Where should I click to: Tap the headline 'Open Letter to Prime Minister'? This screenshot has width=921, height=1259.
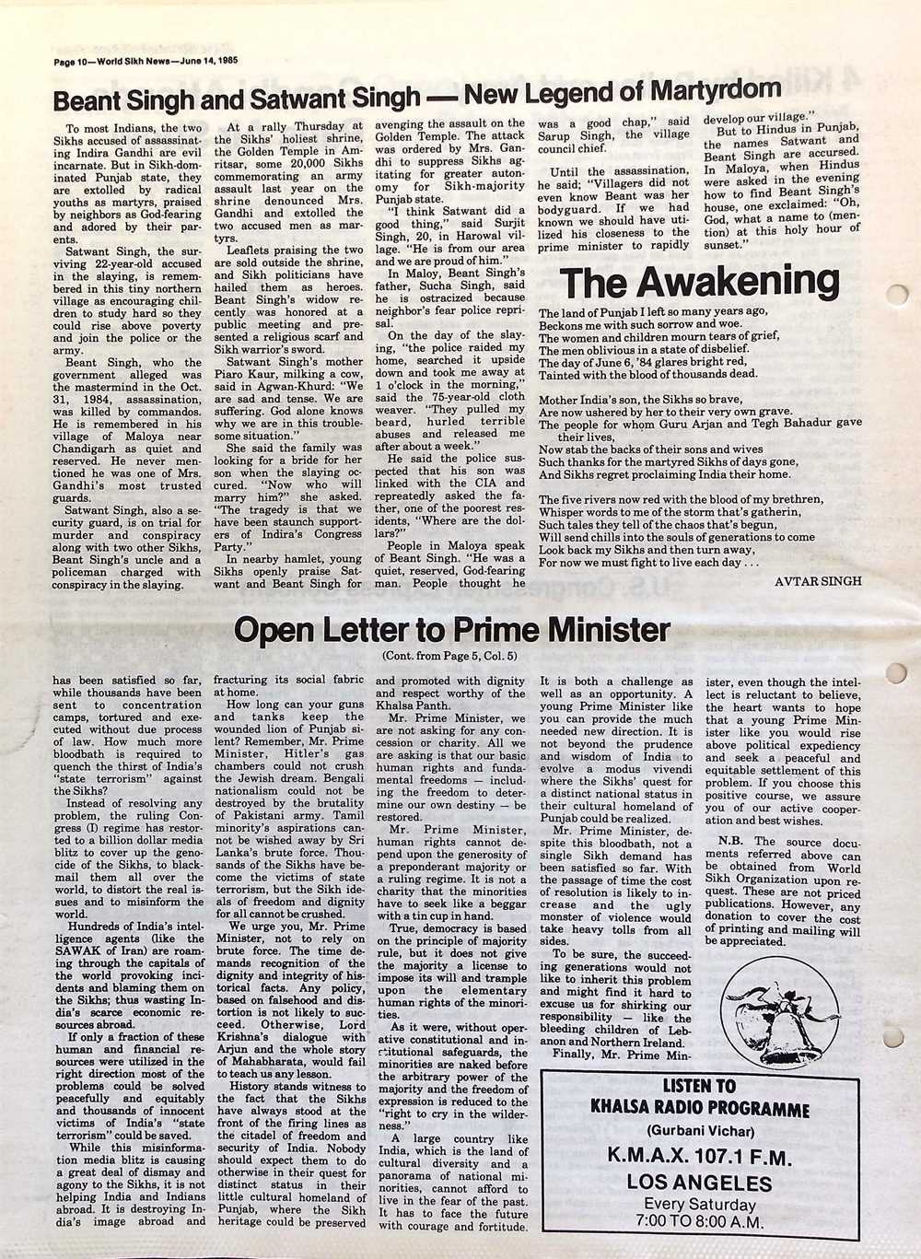coord(451,630)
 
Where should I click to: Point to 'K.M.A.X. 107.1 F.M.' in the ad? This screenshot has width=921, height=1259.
coord(699,1155)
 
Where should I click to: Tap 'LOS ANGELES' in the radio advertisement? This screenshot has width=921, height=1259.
coord(699,1182)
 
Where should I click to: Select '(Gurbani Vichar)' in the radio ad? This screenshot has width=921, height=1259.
coord(699,1131)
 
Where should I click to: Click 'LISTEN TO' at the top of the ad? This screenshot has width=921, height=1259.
coord(699,1087)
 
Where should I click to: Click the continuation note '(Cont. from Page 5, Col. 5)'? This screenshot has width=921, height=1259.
coord(449,656)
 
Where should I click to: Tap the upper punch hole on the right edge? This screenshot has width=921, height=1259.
coord(899,296)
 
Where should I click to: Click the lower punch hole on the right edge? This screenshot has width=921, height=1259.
coord(899,673)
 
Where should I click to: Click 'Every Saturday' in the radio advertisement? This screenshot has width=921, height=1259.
coord(699,1205)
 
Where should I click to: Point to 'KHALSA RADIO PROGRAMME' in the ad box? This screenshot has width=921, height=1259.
coord(699,1109)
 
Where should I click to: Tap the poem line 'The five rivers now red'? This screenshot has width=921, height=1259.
coord(682,498)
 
